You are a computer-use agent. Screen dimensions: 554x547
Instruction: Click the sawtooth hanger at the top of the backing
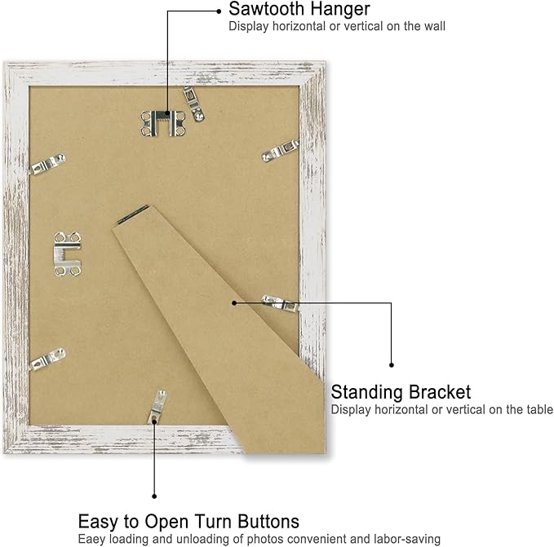tap(163, 123)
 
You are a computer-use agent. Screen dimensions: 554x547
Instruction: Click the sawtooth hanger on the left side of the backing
tap(68, 254)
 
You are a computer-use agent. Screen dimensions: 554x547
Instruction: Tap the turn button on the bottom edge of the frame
tap(157, 407)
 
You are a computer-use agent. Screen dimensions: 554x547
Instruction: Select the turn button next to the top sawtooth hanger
tap(193, 104)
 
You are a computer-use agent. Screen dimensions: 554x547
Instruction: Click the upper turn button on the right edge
tap(280, 151)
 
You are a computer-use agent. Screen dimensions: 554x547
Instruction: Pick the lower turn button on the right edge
tap(280, 303)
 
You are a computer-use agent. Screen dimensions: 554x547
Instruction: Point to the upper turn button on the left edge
tap(47, 164)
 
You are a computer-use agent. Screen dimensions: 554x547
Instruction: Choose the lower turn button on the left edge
tap(47, 359)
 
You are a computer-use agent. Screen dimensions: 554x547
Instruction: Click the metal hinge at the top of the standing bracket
tap(133, 214)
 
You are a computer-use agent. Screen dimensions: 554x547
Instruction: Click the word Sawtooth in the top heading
tap(267, 9)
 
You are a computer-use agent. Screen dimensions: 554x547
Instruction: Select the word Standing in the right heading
tap(366, 393)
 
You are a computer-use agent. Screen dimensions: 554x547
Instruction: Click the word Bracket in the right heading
tap(439, 392)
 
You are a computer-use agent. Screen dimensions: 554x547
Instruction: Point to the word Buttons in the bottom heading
tap(268, 522)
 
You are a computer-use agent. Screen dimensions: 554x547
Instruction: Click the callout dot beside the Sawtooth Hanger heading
tap(219, 11)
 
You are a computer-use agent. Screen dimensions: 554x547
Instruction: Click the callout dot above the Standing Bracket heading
tap(391, 365)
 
